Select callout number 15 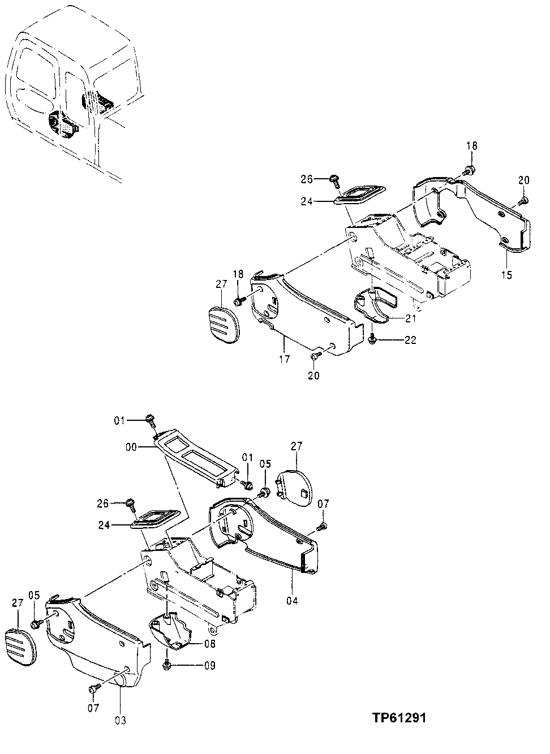point(506,275)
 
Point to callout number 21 point(410,319)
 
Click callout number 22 point(410,339)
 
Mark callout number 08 point(209,643)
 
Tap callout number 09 point(209,666)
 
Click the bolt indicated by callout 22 point(371,338)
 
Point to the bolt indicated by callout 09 point(167,665)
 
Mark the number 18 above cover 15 point(472,146)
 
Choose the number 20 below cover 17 point(313,376)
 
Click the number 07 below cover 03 point(94,708)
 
